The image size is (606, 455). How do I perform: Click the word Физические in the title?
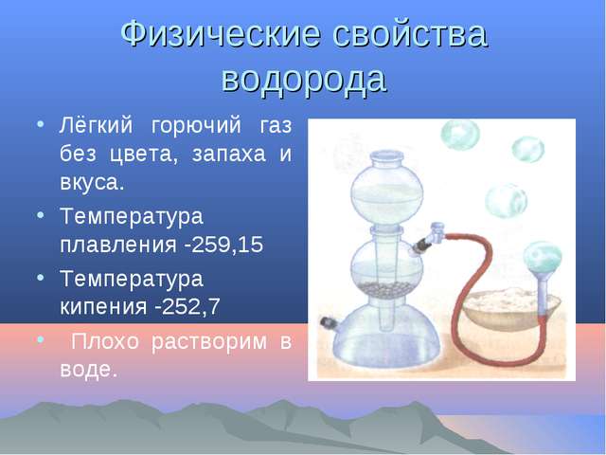point(221,34)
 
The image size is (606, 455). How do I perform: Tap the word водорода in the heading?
point(304,79)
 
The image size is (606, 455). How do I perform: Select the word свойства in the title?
point(410,34)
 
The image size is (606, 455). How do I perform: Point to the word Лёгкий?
point(97,125)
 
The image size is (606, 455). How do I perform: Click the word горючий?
point(196,126)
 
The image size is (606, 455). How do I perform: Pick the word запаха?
point(229,155)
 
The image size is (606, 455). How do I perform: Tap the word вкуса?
point(92,182)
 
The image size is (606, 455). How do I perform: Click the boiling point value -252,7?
point(187,306)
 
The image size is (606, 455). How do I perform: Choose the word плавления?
point(118,245)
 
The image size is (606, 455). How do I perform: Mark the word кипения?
point(103,307)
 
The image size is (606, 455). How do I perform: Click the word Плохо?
point(105,341)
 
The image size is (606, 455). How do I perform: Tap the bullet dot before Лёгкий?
point(40,124)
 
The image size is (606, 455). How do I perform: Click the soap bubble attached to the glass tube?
point(543,257)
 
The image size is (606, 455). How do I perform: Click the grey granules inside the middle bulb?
point(386,288)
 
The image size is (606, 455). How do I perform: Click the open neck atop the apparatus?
point(387,157)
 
